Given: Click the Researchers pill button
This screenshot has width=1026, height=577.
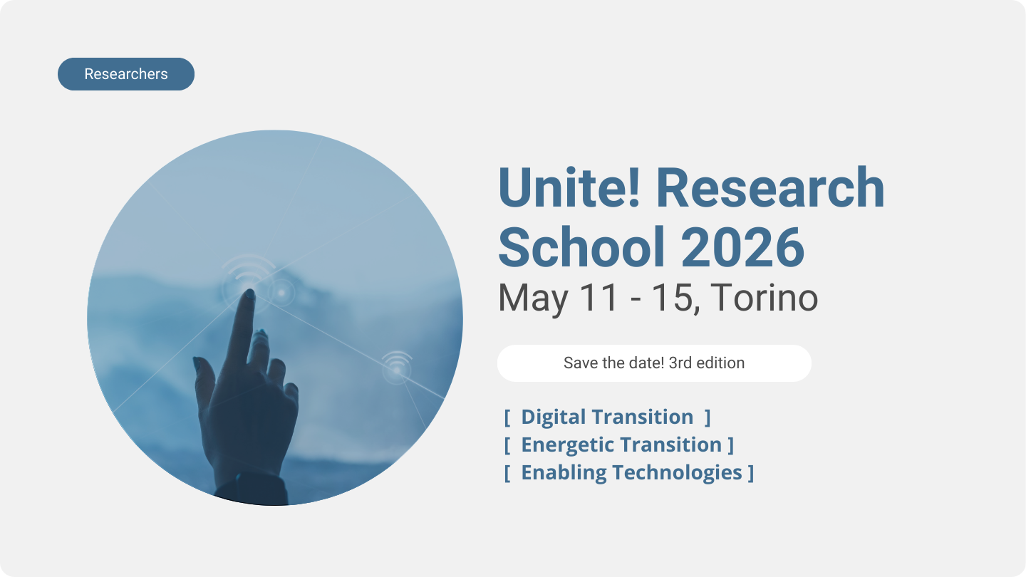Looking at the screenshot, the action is pyautogui.click(x=126, y=74).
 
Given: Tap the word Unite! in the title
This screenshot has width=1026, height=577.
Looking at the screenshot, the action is pyautogui.click(x=569, y=188).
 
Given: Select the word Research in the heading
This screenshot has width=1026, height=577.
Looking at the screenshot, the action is pyautogui.click(x=770, y=188).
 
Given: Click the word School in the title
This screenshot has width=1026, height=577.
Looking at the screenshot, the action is pyautogui.click(x=581, y=247).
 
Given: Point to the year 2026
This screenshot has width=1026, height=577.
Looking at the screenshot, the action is pyautogui.click(x=742, y=247).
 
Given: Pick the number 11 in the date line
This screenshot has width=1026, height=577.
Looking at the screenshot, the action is pyautogui.click(x=599, y=297).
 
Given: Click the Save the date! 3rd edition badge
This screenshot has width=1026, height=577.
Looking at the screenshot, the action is pyautogui.click(x=654, y=363).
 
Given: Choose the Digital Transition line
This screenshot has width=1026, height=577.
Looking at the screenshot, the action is pyautogui.click(x=607, y=417).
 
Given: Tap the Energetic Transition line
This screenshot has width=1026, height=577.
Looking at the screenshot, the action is pyautogui.click(x=618, y=445).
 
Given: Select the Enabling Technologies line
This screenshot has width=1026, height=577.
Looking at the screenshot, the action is pyautogui.click(x=629, y=473).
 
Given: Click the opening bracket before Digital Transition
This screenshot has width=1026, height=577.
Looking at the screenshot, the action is pyautogui.click(x=507, y=417).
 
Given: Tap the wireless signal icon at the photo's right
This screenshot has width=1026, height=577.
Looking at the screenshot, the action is pyautogui.click(x=397, y=366).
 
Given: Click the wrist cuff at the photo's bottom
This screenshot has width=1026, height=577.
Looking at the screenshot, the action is pyautogui.click(x=251, y=490).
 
